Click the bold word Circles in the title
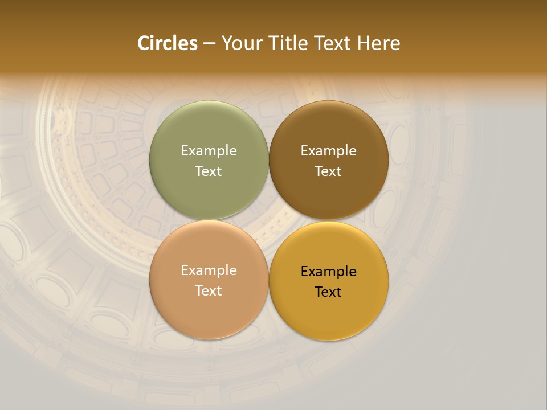pyautogui.click(x=167, y=43)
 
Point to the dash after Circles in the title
pyautogui.click(x=209, y=44)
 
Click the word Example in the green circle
pyautogui.click(x=209, y=151)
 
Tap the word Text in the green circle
pyautogui.click(x=209, y=171)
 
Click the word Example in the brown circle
pyautogui.click(x=328, y=151)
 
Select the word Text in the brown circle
pyautogui.click(x=328, y=171)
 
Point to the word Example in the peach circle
pyautogui.click(x=209, y=270)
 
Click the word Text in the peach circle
pyautogui.click(x=209, y=291)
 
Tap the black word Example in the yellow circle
pyautogui.click(x=328, y=272)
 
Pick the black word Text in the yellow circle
pyautogui.click(x=328, y=292)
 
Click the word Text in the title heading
pyautogui.click(x=335, y=43)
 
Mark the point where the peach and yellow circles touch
pyautogui.click(x=268, y=280)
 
